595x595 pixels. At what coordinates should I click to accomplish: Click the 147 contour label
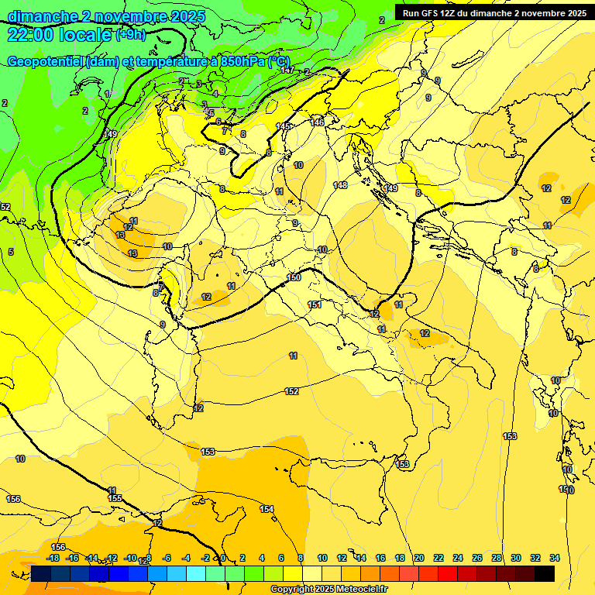287,71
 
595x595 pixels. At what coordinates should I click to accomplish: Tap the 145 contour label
283,126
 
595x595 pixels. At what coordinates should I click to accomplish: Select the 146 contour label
318,122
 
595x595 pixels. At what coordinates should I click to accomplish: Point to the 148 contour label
340,185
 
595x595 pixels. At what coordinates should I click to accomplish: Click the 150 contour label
294,277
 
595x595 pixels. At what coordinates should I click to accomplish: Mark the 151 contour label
315,304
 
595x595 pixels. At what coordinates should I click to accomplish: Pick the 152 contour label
291,391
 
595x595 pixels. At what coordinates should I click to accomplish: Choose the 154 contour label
267,509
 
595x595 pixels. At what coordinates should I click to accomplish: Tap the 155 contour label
115,498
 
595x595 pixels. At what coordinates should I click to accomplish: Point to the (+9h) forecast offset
131,34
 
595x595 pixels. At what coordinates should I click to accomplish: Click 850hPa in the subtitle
242,62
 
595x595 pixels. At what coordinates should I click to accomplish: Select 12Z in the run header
455,12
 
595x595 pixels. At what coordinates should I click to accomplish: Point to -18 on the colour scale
53,558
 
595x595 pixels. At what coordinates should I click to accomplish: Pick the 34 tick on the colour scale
555,558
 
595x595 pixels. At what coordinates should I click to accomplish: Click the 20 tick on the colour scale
419,558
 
